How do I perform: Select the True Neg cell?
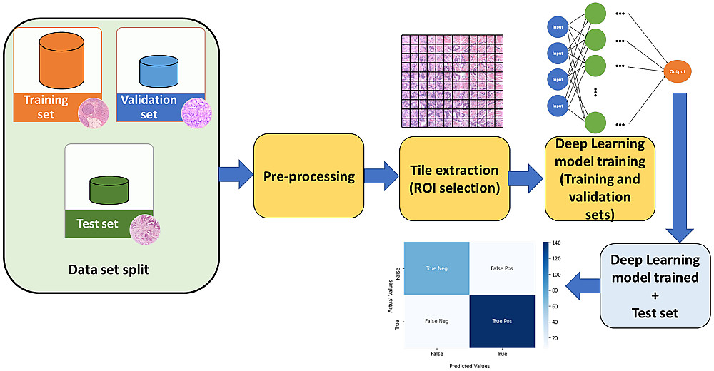(x=436, y=268)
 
